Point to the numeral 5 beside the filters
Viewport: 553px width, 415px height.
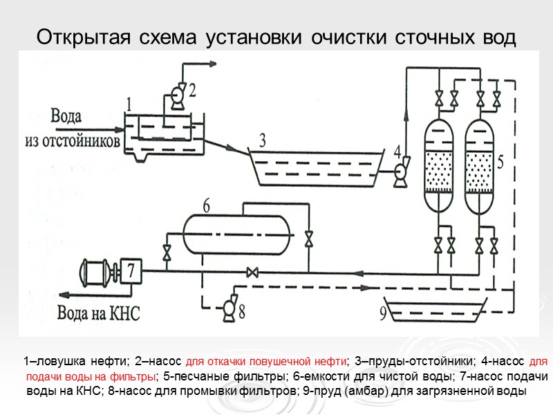pos(500,160)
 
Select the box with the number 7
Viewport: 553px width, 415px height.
pos(131,271)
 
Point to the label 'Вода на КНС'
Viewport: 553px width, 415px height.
pos(99,313)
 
